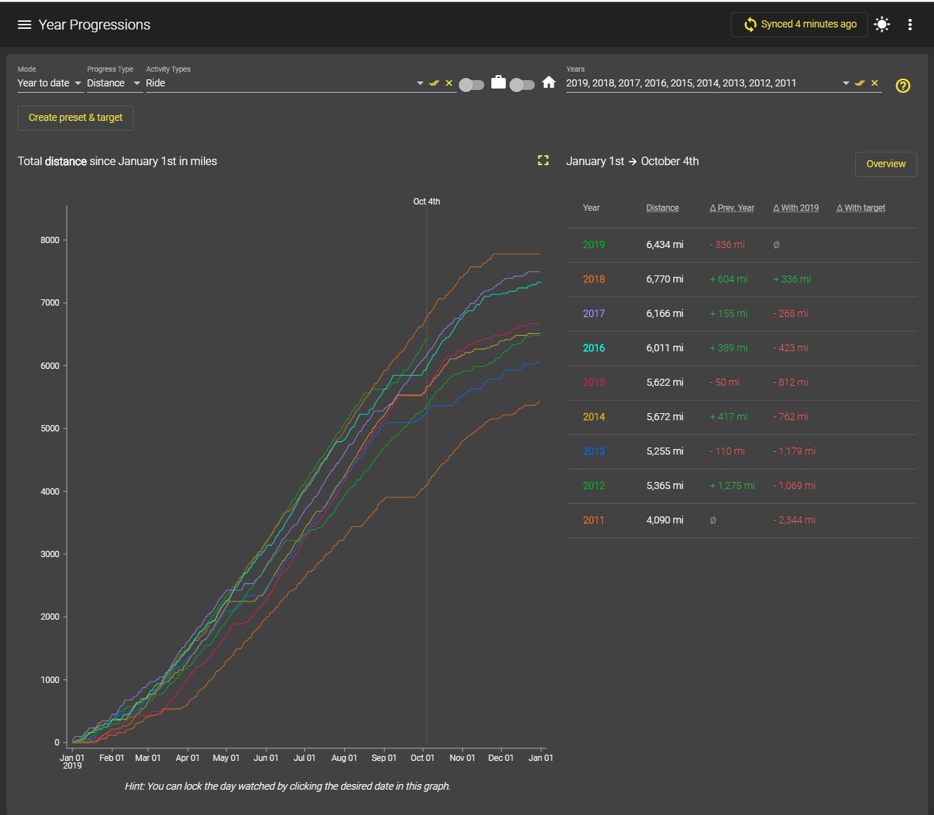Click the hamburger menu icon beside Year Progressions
[24, 25]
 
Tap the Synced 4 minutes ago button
[799, 24]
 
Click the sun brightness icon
[881, 24]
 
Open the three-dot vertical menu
[910, 25]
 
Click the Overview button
[886, 164]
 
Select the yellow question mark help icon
[902, 85]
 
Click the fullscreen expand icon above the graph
[543, 160]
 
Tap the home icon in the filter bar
[549, 82]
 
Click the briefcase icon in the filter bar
[498, 82]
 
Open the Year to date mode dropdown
[49, 83]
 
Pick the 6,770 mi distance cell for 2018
[665, 279]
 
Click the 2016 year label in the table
[593, 348]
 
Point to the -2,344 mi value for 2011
[794, 520]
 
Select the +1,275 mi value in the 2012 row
[732, 485]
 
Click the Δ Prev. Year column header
[732, 208]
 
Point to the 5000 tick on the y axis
[50, 429]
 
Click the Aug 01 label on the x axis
[344, 757]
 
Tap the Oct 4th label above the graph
[427, 201]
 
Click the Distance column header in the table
[663, 208]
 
